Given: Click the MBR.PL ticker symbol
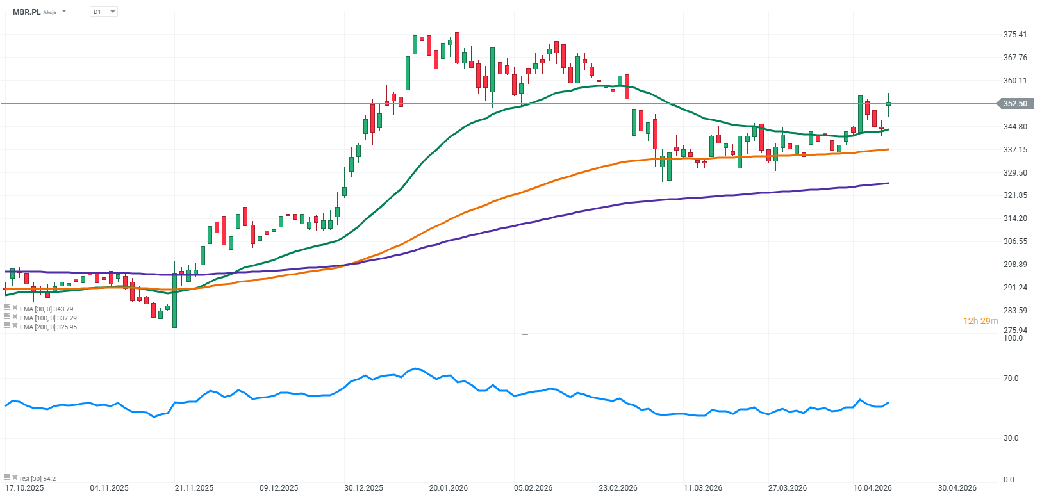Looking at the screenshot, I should [x=26, y=12].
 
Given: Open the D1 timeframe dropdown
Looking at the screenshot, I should [x=104, y=12].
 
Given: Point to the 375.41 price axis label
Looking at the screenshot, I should [x=1015, y=35].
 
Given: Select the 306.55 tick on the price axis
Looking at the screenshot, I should [x=1015, y=241].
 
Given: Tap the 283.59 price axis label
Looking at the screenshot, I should [x=1015, y=311].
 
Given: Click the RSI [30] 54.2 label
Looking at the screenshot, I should [x=37, y=479].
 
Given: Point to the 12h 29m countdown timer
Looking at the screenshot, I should [x=980, y=321].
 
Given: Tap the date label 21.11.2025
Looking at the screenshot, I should [x=194, y=488].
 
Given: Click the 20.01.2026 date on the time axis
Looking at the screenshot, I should [x=449, y=488].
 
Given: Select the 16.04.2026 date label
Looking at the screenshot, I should [x=872, y=488].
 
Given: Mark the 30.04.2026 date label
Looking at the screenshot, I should [x=957, y=488].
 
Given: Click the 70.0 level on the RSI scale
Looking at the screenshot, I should [x=1011, y=379].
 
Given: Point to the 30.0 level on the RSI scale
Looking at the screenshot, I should [x=1011, y=438].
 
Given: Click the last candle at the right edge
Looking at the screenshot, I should [x=888, y=104].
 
